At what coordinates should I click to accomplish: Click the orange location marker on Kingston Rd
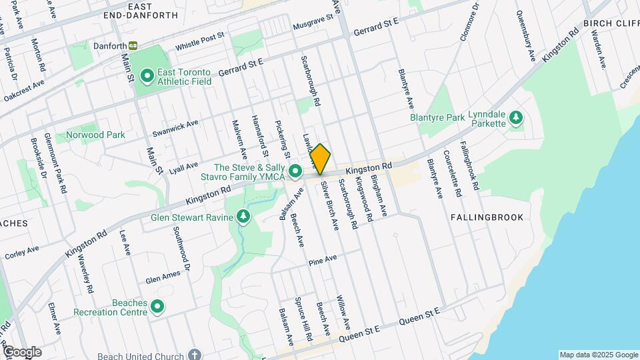[x=321, y=159]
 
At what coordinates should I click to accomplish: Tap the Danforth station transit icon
[x=134, y=45]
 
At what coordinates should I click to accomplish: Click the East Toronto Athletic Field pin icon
[x=146, y=75]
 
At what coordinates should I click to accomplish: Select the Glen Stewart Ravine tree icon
[x=244, y=217]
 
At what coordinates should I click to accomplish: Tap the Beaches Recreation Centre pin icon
[x=157, y=307]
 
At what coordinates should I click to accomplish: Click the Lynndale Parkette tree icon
[x=515, y=117]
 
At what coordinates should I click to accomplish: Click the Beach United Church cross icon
[x=194, y=355]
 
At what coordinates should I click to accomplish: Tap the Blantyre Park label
[x=437, y=117]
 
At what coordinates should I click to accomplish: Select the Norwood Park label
[x=95, y=135]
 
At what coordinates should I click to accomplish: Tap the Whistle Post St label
[x=200, y=42]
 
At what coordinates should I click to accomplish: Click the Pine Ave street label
[x=323, y=261]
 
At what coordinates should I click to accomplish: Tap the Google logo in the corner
[x=21, y=352]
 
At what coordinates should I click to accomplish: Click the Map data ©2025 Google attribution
[x=598, y=355]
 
